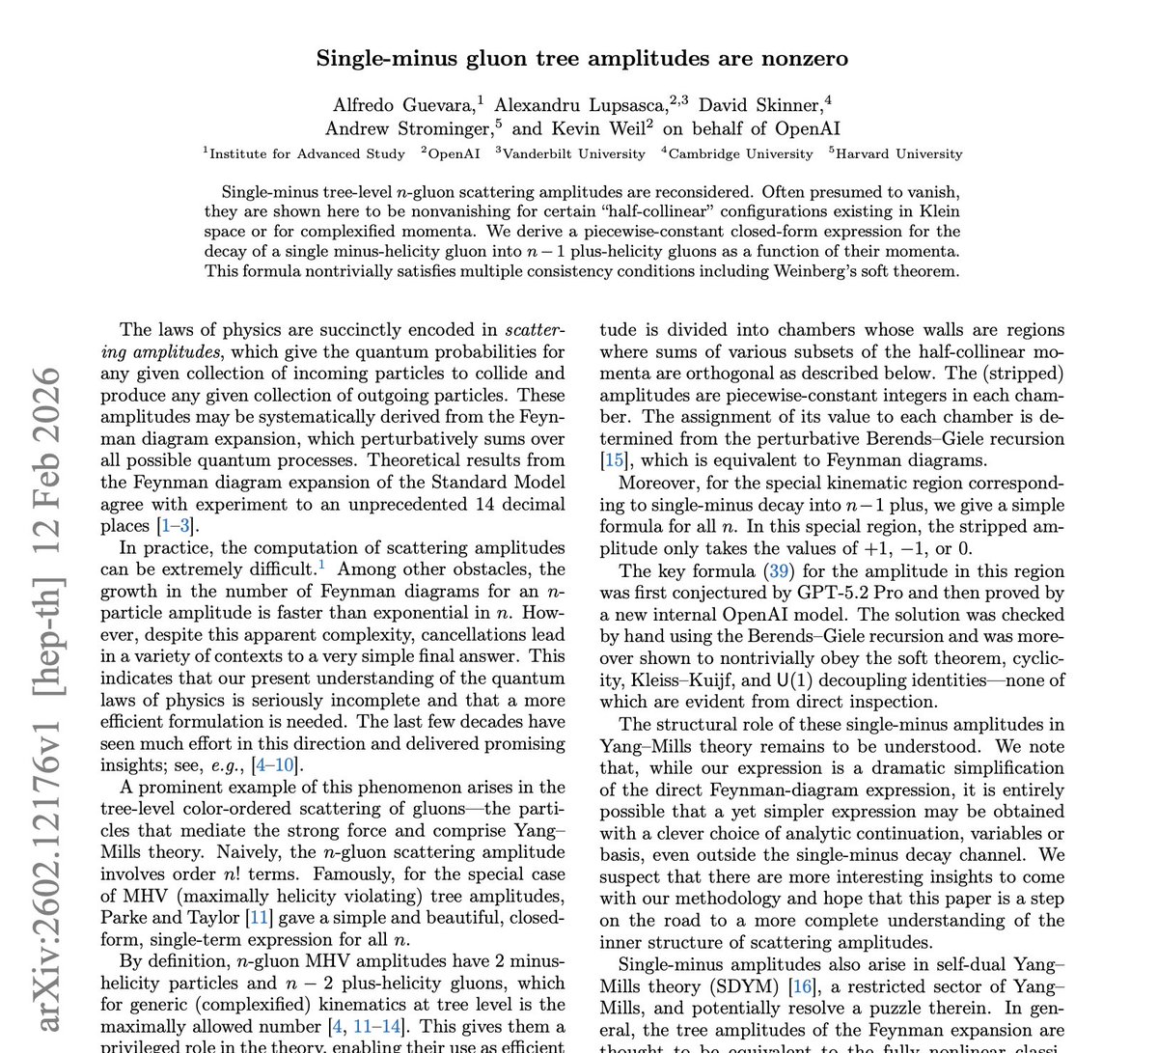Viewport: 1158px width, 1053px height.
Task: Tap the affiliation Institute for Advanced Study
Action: [x=307, y=153]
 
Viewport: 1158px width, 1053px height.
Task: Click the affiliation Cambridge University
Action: [x=740, y=153]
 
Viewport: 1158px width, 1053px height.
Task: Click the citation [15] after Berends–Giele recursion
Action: [x=612, y=460]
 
